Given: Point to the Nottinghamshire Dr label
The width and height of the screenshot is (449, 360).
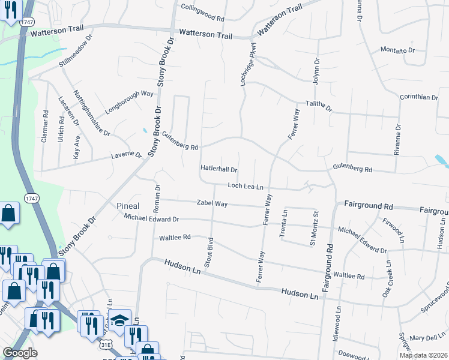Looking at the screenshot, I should [92, 112].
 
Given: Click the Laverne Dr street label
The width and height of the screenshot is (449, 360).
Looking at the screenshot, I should [126, 155].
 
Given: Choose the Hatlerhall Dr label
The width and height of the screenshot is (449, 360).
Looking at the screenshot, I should [219, 170].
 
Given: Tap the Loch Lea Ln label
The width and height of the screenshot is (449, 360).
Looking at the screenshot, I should [246, 187].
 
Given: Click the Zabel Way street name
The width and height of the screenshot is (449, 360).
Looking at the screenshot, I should [212, 204].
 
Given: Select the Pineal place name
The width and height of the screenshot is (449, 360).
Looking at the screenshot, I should [128, 206].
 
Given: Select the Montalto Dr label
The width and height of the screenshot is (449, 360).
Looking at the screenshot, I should [398, 50].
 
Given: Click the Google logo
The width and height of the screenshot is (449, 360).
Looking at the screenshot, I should [20, 353].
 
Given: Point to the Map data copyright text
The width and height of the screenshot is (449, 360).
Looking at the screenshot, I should [423, 355].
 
